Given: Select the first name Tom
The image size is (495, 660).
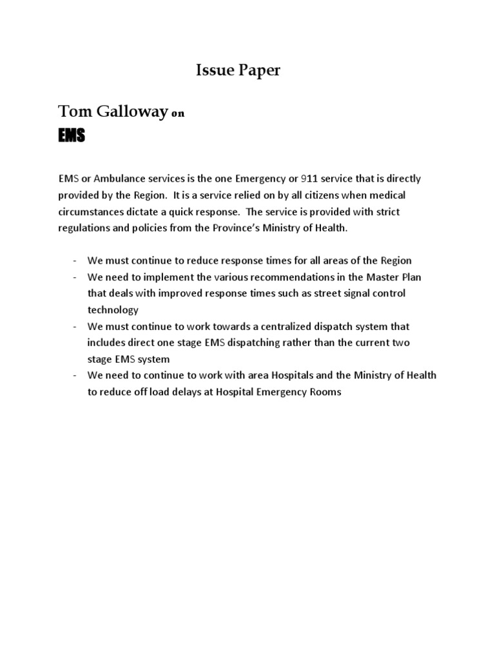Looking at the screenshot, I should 72,112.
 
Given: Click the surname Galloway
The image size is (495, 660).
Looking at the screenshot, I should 129,112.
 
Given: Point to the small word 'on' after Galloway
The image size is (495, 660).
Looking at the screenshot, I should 177,114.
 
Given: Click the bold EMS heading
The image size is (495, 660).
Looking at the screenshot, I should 71,136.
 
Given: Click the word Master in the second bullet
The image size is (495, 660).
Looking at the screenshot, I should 378,277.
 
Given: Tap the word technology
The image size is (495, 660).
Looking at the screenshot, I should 113,309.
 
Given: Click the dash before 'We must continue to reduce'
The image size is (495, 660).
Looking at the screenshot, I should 75,260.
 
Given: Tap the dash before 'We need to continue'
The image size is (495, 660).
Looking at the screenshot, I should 75,375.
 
